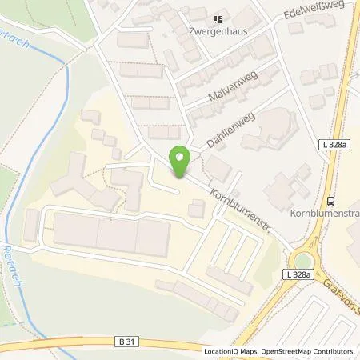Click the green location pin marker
[180, 161]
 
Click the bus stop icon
[330, 202]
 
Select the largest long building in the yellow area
[112, 236]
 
